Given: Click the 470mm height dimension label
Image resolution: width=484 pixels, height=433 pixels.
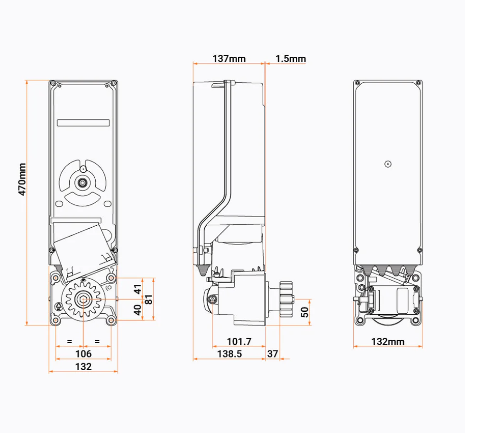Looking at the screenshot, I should click(21, 180).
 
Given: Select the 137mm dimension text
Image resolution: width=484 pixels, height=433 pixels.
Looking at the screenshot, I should click(229, 59).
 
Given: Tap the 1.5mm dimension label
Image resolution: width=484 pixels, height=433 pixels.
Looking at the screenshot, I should click(291, 59).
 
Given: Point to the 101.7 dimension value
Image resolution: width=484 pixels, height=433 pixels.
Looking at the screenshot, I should click(238, 341).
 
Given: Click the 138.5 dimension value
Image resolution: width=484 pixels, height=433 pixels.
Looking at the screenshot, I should click(229, 353).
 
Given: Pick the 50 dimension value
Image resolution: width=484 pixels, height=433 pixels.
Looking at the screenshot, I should click(305, 312).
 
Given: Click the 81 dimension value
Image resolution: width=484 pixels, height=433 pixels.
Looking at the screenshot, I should click(148, 300).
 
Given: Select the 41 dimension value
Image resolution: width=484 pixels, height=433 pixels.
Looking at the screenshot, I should click(137, 289).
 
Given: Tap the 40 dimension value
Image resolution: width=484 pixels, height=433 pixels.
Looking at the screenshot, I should click(137, 310).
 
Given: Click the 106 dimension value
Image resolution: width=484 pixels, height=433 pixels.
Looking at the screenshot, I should click(83, 353).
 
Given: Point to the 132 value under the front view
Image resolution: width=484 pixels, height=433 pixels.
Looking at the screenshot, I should click(83, 366).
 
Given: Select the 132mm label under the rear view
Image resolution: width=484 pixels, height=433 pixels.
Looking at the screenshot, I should click(388, 342).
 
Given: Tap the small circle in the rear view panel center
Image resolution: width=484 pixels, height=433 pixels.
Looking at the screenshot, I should click(388, 164).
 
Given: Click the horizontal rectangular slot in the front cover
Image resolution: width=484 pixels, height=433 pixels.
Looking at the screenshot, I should click(83, 123).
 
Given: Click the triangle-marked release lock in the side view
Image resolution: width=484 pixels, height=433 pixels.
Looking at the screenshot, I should click(213, 299).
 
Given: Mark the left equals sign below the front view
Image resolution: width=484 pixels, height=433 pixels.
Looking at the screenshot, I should click(70, 341).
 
